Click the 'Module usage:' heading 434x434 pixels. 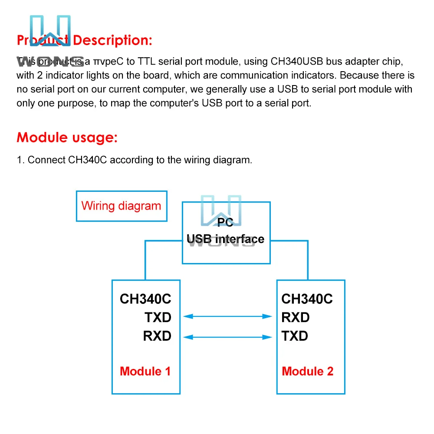pyautogui.click(x=67, y=138)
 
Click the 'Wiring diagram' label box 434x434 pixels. pyautogui.click(x=121, y=206)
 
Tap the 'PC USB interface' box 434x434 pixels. pyautogui.click(x=226, y=233)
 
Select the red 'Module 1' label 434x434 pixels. pyautogui.click(x=145, y=371)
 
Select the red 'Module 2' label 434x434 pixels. pyautogui.click(x=307, y=371)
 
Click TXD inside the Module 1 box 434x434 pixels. pyautogui.click(x=158, y=317)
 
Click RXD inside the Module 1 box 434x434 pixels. pyautogui.click(x=157, y=336)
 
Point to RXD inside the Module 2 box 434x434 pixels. pyautogui.click(x=295, y=317)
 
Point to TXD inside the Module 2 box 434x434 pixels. pyautogui.click(x=295, y=336)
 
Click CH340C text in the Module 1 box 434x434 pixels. pyautogui.click(x=145, y=299)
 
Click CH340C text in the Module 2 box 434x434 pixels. pyautogui.click(x=307, y=299)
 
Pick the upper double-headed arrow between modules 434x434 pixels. pyautogui.click(x=228, y=317)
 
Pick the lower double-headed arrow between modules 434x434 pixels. pyautogui.click(x=228, y=336)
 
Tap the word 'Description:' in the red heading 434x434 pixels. pyautogui.click(x=112, y=40)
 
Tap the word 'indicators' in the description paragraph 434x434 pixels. pyautogui.click(x=309, y=76)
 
